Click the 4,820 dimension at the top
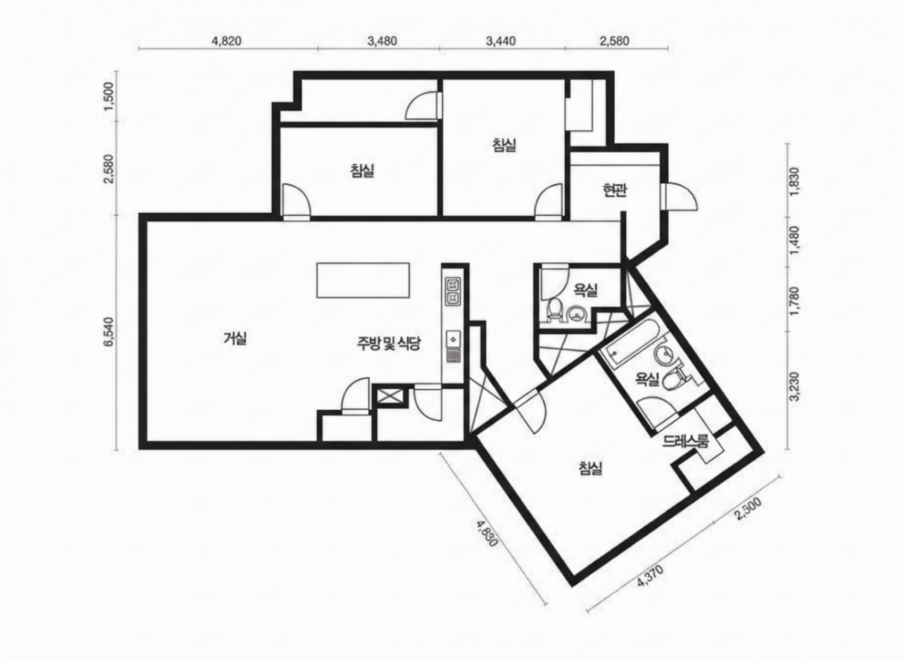click(226, 41)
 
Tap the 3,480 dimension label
click(382, 41)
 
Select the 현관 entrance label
click(615, 190)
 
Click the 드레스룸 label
click(686, 441)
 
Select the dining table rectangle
click(363, 280)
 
